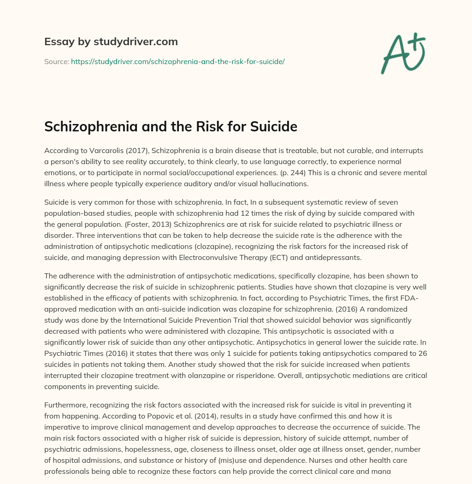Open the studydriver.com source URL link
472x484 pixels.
pyautogui.click(x=177, y=61)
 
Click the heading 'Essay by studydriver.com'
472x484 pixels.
pyautogui.click(x=111, y=41)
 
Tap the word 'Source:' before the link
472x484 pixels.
pyautogui.click(x=56, y=61)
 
